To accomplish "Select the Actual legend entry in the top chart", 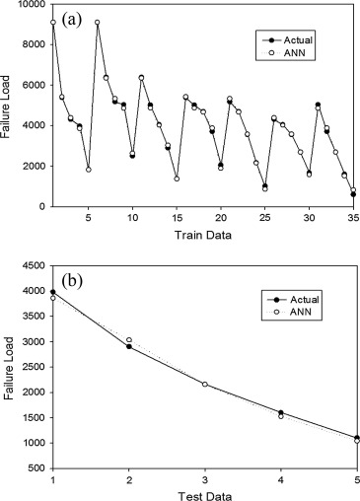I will coord(290,38).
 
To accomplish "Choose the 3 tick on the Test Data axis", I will coord(205,478).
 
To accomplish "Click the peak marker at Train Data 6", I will coord(97,23).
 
